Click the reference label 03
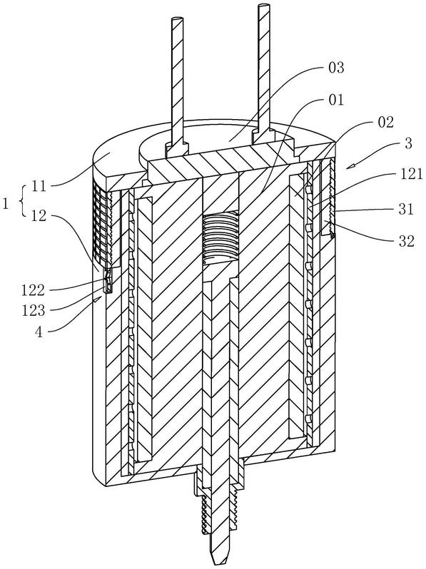[336, 68]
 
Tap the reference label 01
[336, 100]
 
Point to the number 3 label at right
[409, 143]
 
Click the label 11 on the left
[39, 187]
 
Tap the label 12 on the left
[39, 216]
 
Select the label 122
[33, 290]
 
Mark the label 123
[33, 311]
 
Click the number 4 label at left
[39, 332]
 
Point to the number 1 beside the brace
[6, 204]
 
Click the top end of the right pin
[265, 6]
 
